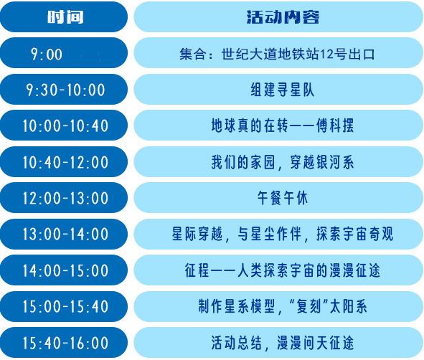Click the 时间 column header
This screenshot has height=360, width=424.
pyautogui.click(x=64, y=16)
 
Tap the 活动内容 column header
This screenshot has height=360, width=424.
pyautogui.click(x=278, y=16)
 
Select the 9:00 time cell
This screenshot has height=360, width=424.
pyautogui.click(x=64, y=53)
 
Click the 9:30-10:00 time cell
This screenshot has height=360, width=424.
pyautogui.click(x=64, y=89)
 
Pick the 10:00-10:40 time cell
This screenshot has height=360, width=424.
pyautogui.click(x=64, y=125)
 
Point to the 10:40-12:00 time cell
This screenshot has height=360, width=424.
pyautogui.click(x=64, y=161)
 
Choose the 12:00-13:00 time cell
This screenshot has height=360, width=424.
pyautogui.click(x=64, y=197)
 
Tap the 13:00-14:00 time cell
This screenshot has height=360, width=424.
pyautogui.click(x=64, y=234)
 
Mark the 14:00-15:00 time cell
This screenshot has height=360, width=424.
pyautogui.click(x=64, y=270)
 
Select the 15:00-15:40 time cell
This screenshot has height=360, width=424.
pyautogui.click(x=64, y=306)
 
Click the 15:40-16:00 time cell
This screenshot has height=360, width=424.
pyautogui.click(x=64, y=343)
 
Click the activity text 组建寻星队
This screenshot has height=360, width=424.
pyautogui.click(x=282, y=90)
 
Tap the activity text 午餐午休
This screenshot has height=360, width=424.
pyautogui.click(x=282, y=198)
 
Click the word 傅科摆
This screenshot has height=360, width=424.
pyautogui.click(x=335, y=125)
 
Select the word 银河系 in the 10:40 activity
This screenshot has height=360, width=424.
pyautogui.click(x=335, y=162)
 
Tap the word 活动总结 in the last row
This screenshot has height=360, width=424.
pyautogui.click(x=237, y=343)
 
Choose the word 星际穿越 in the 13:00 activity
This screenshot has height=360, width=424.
pyautogui.click(x=197, y=234)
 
